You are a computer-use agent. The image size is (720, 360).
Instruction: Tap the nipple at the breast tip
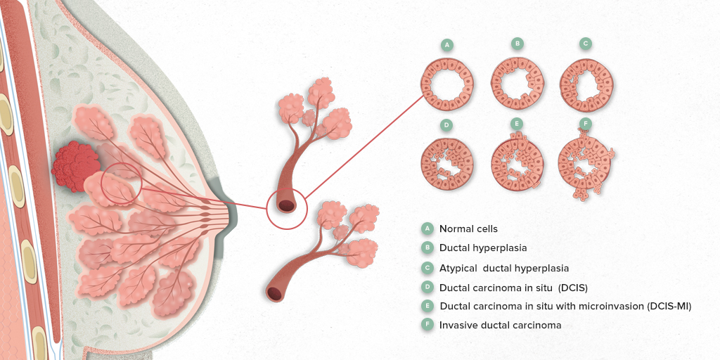pos(231,216)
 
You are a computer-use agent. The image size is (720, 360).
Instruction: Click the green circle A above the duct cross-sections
pos(446,44)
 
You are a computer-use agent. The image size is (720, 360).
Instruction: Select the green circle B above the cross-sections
pos(517,44)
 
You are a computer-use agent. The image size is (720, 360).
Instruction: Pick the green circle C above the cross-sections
pos(585,44)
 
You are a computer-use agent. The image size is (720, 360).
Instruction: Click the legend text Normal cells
pos(468,229)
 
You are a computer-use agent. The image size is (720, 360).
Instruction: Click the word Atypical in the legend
pos(456,268)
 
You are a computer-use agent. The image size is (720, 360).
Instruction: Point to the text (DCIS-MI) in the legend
pos(668,306)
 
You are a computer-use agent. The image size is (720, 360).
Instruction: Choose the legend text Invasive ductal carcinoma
pos(500,325)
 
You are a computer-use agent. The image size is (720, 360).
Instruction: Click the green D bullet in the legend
pos(427,287)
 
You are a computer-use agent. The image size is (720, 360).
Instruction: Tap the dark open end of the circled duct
pos(287,206)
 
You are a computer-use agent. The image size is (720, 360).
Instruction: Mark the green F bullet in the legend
pos(427,325)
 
